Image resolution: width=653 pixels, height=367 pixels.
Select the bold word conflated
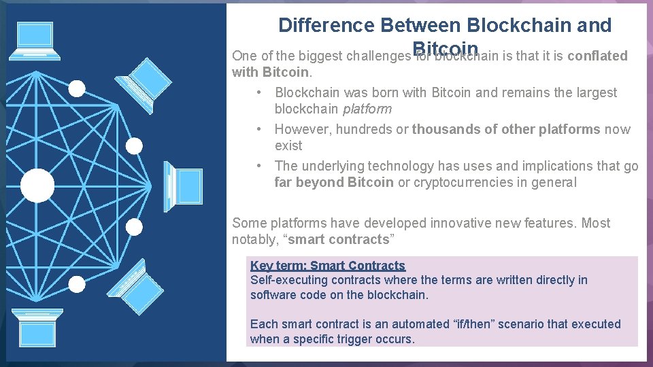click(597, 56)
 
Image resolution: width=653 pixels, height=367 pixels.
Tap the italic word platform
click(367, 109)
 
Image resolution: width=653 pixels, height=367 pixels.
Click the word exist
click(288, 145)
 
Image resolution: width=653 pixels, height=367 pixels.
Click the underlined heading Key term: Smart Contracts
click(327, 266)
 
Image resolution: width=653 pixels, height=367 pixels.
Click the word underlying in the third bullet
click(332, 166)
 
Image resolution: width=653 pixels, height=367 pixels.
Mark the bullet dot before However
click(260, 129)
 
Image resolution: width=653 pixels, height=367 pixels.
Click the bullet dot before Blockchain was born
click(260, 92)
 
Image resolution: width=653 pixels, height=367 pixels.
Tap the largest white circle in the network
click(37, 186)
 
